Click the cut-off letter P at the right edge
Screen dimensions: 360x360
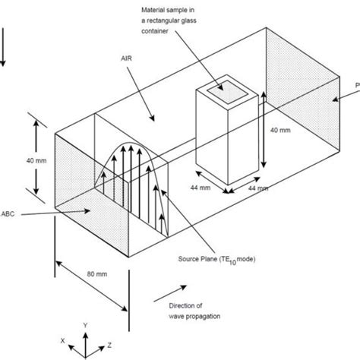click(x=357, y=83)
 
